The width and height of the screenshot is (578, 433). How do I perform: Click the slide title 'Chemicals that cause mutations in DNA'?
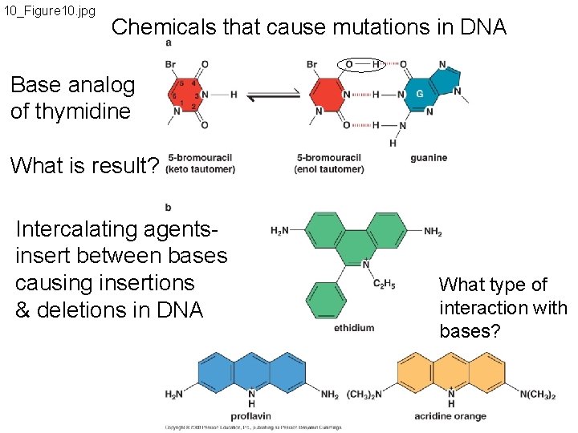point(309,27)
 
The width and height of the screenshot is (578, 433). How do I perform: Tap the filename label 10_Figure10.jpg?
point(50,11)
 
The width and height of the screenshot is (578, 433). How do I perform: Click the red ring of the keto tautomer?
point(189,95)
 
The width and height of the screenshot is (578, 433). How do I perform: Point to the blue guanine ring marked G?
point(418,95)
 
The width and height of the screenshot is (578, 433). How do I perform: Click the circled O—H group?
point(362,63)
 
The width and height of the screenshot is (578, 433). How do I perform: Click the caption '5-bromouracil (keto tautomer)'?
point(201,164)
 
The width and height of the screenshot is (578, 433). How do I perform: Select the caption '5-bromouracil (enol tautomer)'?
point(328,164)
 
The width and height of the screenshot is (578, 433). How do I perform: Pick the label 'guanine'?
point(429,158)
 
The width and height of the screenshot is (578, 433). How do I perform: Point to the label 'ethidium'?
point(354,327)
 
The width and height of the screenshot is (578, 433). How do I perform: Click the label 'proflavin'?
point(251,416)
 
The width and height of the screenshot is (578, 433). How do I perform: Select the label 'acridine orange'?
point(450,416)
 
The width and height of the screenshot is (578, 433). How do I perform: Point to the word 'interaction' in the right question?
point(503,308)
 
